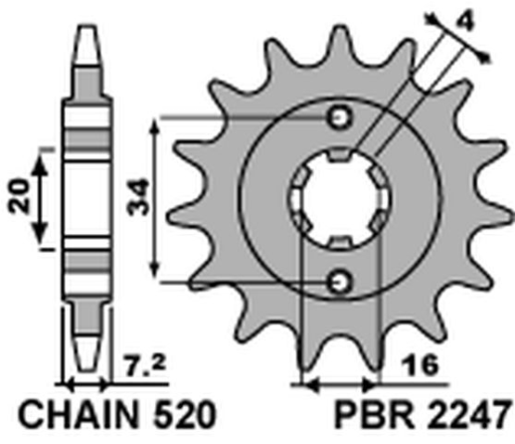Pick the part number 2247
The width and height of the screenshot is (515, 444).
(x=466, y=409)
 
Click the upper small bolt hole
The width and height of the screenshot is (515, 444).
(x=341, y=118)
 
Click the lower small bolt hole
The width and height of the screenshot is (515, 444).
(x=341, y=281)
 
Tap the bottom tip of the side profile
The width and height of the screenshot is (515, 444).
(x=87, y=376)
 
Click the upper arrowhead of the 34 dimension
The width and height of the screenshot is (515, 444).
(x=153, y=125)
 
